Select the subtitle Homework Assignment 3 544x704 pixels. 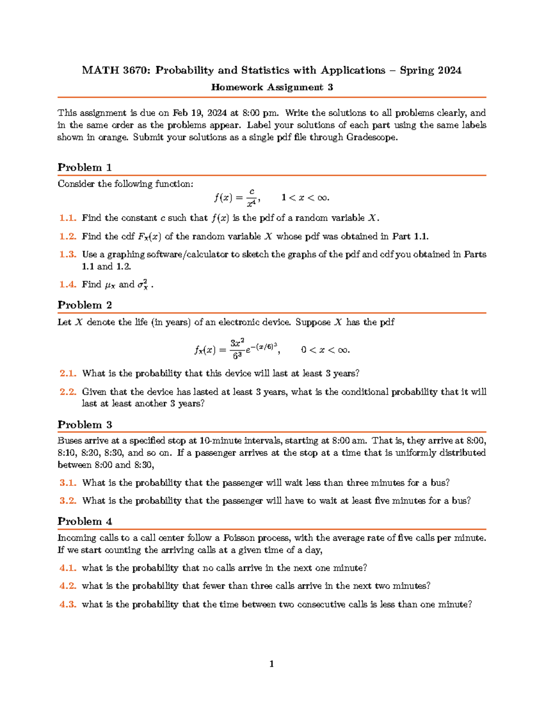tap(272, 87)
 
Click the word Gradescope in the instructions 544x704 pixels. tap(371, 137)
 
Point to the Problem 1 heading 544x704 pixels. tap(85, 167)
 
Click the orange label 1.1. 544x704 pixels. tap(68, 218)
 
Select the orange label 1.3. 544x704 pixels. tap(68, 254)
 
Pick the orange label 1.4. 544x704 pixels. tap(68, 285)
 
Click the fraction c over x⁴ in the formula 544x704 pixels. tap(252, 198)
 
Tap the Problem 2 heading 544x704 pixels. tap(85, 305)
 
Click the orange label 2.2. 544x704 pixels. tap(68, 392)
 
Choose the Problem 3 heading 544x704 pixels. tap(85, 425)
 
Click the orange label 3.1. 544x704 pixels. tap(68, 483)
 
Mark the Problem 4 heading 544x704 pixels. tap(85, 521)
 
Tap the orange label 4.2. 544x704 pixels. tap(68, 586)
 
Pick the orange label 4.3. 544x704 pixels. tap(68, 604)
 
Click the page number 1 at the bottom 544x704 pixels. tap(272, 664)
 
